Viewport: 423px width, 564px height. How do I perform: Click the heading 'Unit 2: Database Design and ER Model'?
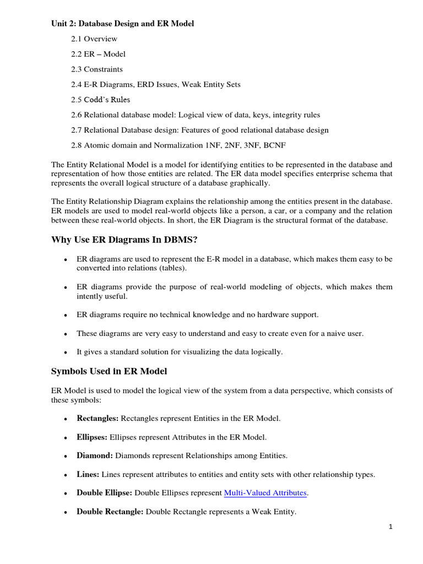122,24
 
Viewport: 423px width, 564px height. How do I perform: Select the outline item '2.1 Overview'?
94,39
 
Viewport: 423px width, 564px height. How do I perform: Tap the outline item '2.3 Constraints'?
96,69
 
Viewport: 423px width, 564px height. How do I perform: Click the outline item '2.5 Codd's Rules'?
100,100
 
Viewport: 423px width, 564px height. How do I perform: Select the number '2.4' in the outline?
77,84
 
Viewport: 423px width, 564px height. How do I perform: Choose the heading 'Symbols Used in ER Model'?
109,371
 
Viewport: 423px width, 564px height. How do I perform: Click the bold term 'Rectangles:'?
97,418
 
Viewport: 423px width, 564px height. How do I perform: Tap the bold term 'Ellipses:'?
92,437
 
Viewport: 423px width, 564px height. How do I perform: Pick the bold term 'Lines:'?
88,474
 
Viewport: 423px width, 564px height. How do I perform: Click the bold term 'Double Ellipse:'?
104,493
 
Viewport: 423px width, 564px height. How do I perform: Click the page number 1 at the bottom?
391,527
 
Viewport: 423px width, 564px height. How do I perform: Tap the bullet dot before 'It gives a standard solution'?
66,352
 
